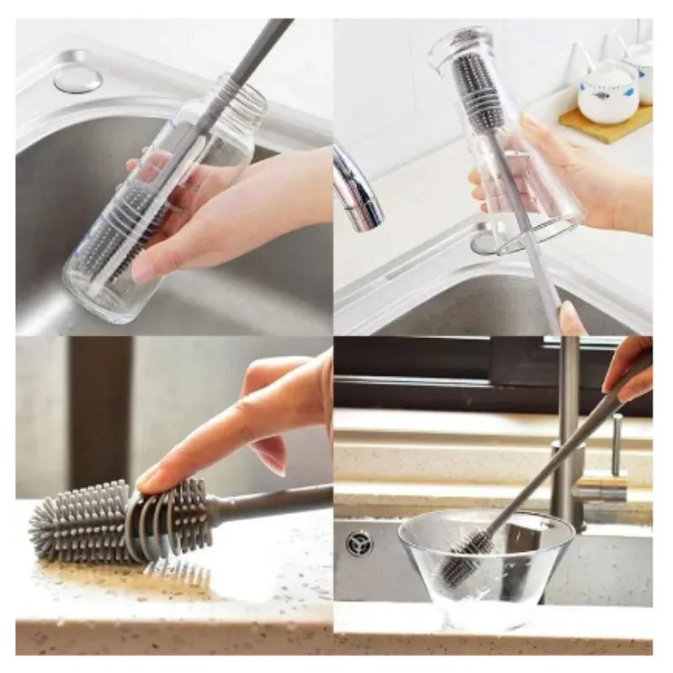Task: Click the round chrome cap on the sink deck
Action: tap(77, 79)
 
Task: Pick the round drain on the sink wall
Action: tap(359, 543)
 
